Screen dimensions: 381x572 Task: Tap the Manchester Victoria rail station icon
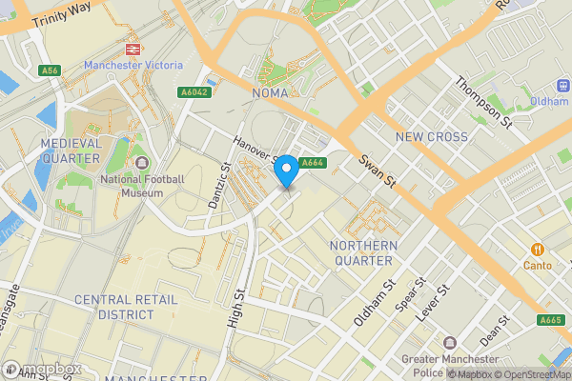point(132,48)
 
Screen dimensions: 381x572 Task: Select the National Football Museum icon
point(141,164)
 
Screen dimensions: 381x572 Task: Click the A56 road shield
point(51,70)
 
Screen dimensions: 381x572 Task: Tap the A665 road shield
point(550,320)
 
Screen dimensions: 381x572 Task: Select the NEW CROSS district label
point(432,137)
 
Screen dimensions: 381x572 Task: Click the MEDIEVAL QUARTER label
point(71,150)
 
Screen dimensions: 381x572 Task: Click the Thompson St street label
point(483,103)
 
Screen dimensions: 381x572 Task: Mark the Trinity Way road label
point(61,14)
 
